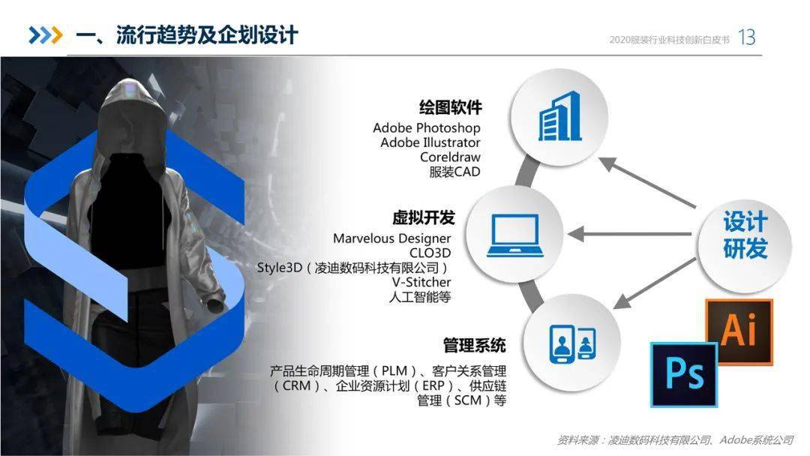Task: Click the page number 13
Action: click(x=747, y=37)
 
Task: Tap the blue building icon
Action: click(x=560, y=116)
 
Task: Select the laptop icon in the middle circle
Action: click(x=515, y=235)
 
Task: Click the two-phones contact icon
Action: click(x=572, y=343)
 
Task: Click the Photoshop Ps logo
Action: click(x=684, y=374)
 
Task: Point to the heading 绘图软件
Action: click(x=451, y=107)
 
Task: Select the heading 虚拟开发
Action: click(x=423, y=217)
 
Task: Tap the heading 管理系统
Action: click(x=474, y=345)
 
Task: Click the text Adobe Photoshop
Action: click(x=427, y=127)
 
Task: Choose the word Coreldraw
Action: click(x=450, y=157)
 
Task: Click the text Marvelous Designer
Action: click(x=391, y=238)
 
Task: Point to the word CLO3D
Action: click(x=430, y=253)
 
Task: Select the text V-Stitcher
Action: click(x=421, y=282)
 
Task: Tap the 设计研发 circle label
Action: click(x=745, y=235)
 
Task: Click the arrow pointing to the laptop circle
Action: click(x=630, y=234)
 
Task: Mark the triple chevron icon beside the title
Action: click(x=46, y=35)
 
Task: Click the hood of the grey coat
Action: click(x=133, y=111)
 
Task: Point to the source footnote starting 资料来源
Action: click(x=675, y=440)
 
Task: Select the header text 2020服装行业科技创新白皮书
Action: click(x=670, y=40)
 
